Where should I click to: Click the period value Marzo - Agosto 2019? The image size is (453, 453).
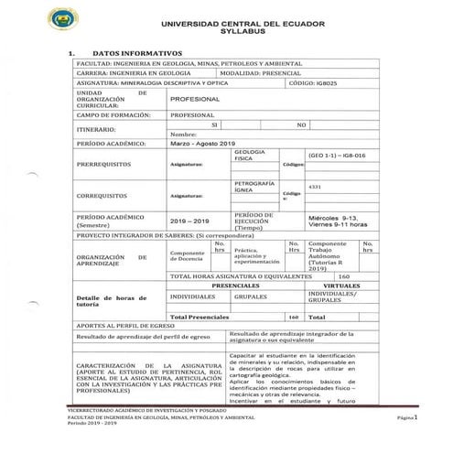pyautogui.click(x=203, y=144)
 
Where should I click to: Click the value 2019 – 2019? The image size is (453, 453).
pyautogui.click(x=190, y=221)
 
